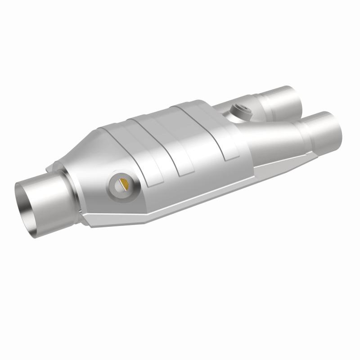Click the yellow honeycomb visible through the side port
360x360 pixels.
coord(125,184)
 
